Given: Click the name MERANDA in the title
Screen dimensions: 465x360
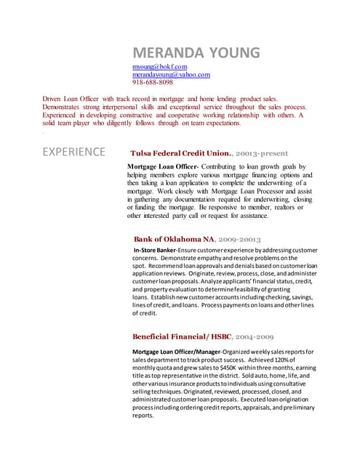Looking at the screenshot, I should [164, 52].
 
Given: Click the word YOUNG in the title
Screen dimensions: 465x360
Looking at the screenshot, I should [229, 52].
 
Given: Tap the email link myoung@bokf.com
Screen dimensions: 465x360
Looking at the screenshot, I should [159, 67].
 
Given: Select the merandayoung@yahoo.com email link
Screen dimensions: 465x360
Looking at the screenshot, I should [171, 75].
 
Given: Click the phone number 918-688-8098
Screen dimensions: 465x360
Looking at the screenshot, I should [152, 83].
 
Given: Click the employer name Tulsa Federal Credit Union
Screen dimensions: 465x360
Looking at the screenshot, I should [180, 154].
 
